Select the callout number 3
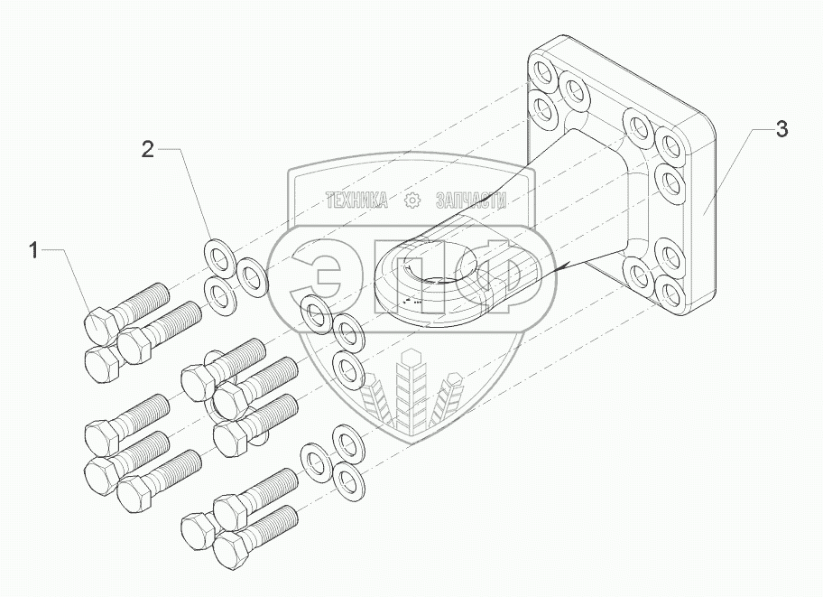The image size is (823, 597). tap(781, 129)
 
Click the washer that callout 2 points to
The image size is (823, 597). tap(217, 255)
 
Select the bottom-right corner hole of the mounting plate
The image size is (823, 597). tap(670, 294)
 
